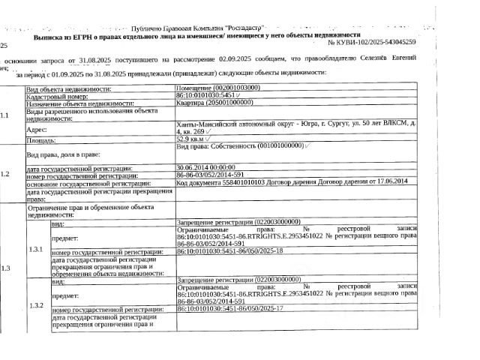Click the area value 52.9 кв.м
pyautogui.click(x=191, y=139)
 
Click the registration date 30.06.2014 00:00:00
pyautogui.click(x=205, y=166)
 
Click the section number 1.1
pyautogui.click(x=7, y=115)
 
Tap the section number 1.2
pyautogui.click(x=7, y=173)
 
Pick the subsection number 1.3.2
pyautogui.click(x=36, y=304)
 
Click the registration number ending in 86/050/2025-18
pyautogui.click(x=229, y=251)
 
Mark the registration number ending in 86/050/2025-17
pyautogui.click(x=229, y=309)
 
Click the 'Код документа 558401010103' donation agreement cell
pyautogui.click(x=292, y=181)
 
